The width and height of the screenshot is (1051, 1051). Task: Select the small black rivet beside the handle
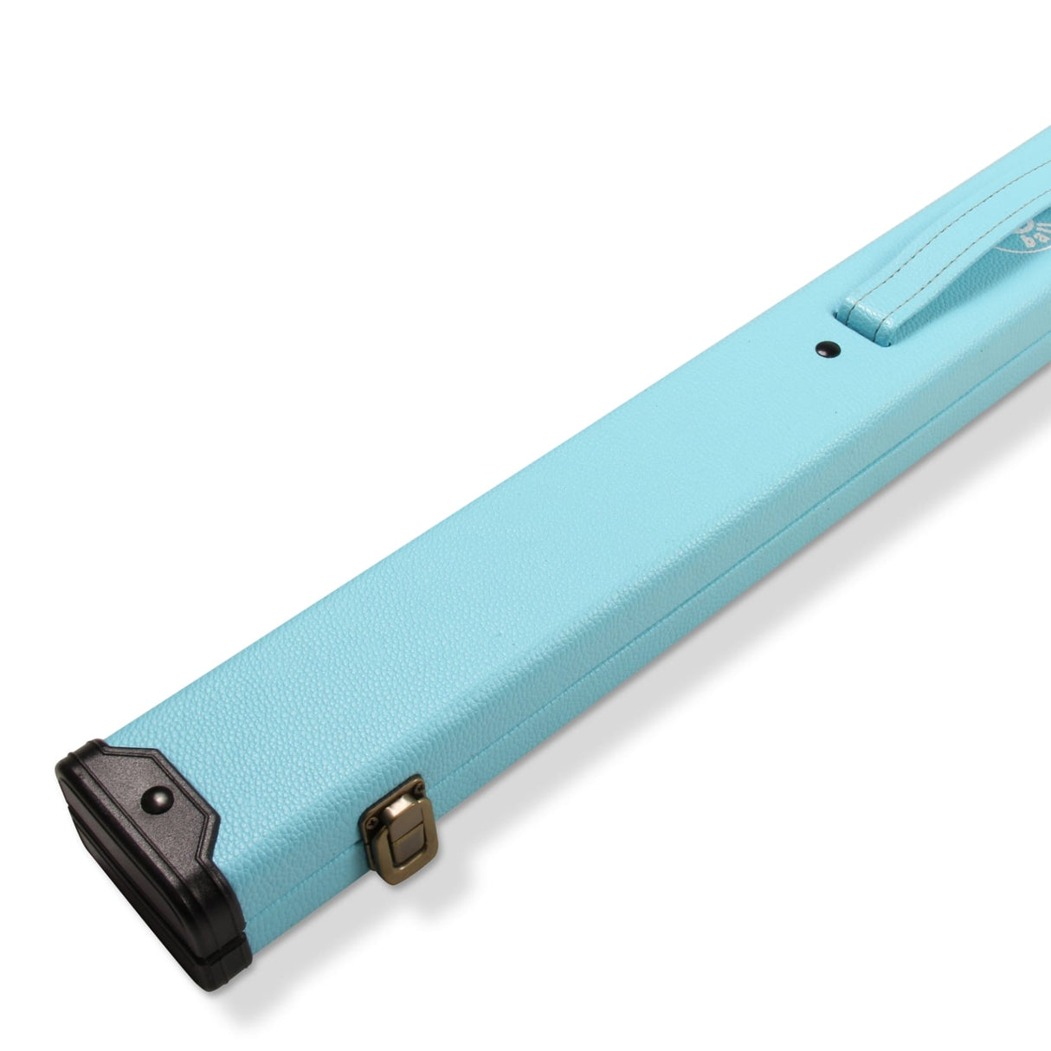click(x=828, y=348)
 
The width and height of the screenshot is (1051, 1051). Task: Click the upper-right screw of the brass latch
click(x=417, y=790)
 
